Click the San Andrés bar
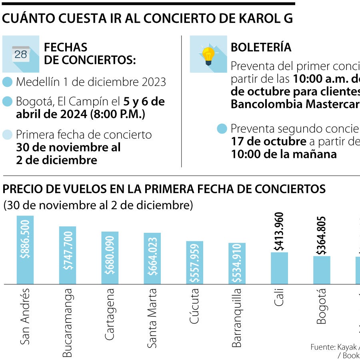click(x=25, y=250)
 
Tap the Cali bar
click(x=279, y=268)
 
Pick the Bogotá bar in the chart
click(x=322, y=270)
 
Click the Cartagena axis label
click(x=110, y=314)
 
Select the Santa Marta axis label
click(x=152, y=318)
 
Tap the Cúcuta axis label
click(x=194, y=308)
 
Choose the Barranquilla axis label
click(x=236, y=318)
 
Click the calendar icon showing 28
click(x=21, y=54)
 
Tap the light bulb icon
click(x=208, y=55)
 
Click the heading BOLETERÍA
click(x=261, y=47)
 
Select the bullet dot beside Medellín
click(x=8, y=82)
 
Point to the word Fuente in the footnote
click(x=322, y=346)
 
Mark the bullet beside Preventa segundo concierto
click(x=222, y=129)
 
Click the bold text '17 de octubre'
click(x=268, y=142)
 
